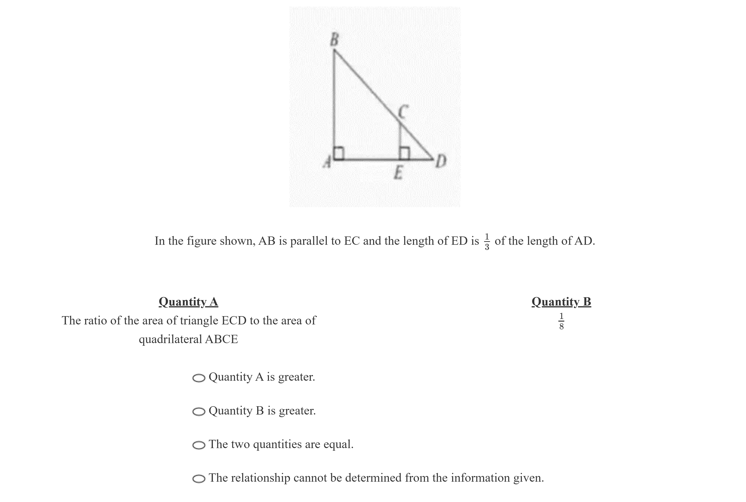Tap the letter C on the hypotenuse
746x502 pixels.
coord(403,112)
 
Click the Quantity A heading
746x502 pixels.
coord(188,301)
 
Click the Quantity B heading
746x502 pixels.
coord(561,301)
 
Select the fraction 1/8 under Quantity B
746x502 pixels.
coord(561,321)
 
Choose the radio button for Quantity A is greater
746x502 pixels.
coord(199,378)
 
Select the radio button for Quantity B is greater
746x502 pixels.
coord(199,412)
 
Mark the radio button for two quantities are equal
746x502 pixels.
coord(199,445)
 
